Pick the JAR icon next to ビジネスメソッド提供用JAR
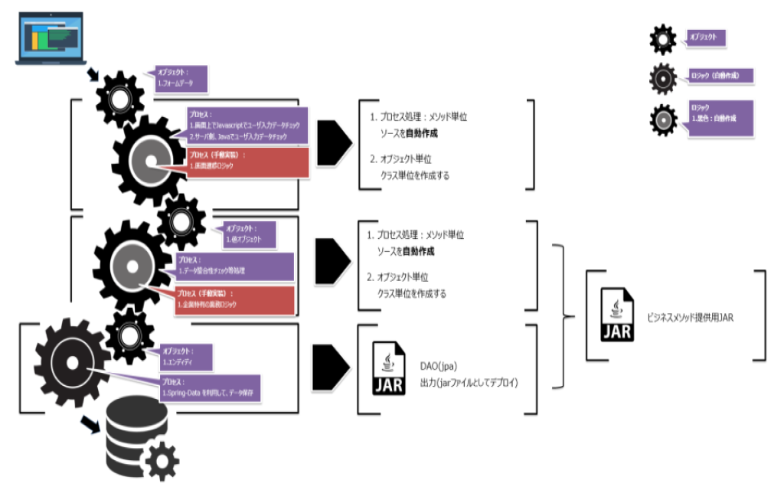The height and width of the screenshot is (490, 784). [618, 315]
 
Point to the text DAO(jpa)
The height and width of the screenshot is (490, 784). [439, 365]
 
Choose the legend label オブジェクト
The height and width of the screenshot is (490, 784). [706, 37]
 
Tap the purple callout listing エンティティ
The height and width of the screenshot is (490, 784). [185, 355]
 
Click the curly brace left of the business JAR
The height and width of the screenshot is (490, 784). [564, 315]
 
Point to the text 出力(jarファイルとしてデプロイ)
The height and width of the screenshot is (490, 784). [469, 381]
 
